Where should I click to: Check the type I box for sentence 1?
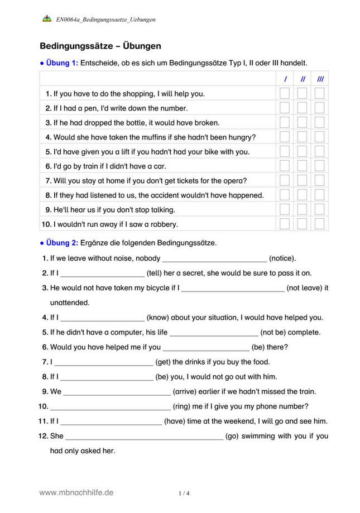coord(285,93)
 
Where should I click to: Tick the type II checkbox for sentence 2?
coord(302,108)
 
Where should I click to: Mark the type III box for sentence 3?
coord(320,122)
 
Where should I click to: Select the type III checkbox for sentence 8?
coord(320,195)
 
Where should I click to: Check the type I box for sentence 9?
coord(285,209)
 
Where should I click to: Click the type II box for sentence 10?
coord(302,224)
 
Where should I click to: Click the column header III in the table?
coord(320,79)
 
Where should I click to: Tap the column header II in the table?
coord(302,79)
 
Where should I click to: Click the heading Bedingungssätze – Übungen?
coord(100,46)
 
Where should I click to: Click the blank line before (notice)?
coord(214,259)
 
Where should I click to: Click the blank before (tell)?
coord(102,274)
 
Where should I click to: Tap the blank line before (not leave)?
coord(233,289)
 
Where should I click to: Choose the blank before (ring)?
coord(110,406)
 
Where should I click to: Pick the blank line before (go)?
coord(145,436)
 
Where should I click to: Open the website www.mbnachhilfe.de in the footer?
coord(76,492)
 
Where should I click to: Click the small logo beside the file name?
coord(47,18)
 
